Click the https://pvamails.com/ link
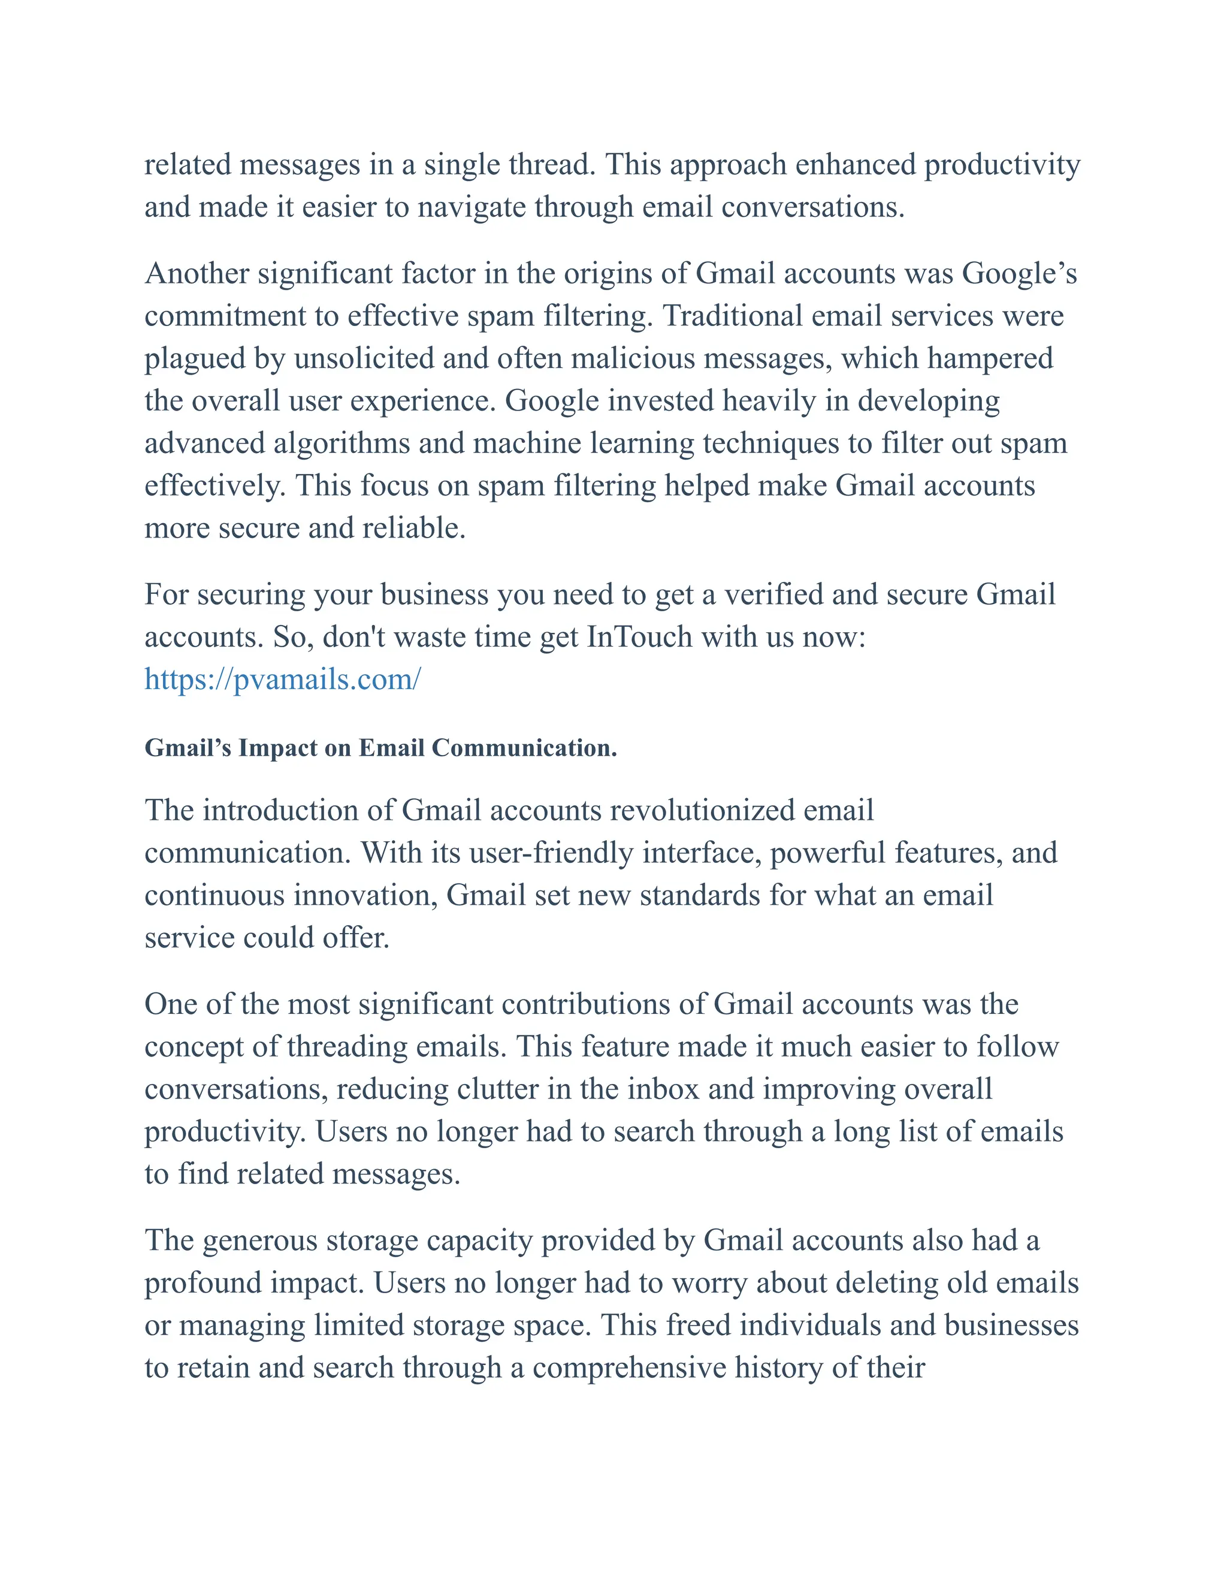(282, 680)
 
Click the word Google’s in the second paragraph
(1019, 273)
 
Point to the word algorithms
(341, 443)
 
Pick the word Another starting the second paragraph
(197, 273)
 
